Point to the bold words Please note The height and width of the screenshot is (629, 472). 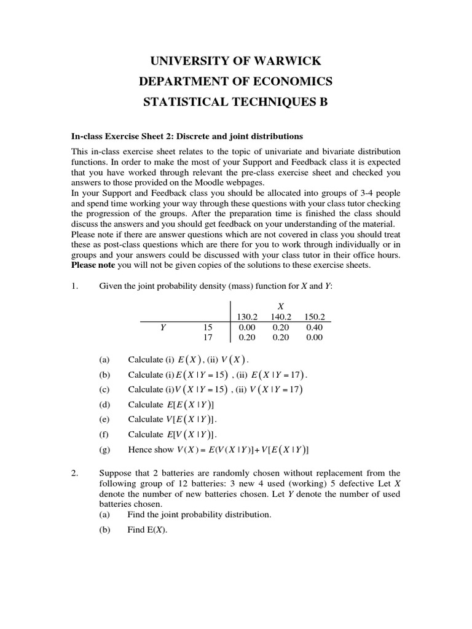[93, 265]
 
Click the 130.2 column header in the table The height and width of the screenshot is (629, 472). [247, 317]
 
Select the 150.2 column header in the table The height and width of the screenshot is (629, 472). [314, 317]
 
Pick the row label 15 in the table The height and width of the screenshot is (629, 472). [207, 327]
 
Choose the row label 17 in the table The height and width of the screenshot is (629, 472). [207, 337]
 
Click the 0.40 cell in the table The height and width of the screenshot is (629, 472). [314, 327]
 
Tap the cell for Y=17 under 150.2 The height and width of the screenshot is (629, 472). [314, 337]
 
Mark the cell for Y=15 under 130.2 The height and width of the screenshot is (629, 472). [247, 327]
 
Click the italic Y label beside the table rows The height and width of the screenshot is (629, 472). [163, 327]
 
